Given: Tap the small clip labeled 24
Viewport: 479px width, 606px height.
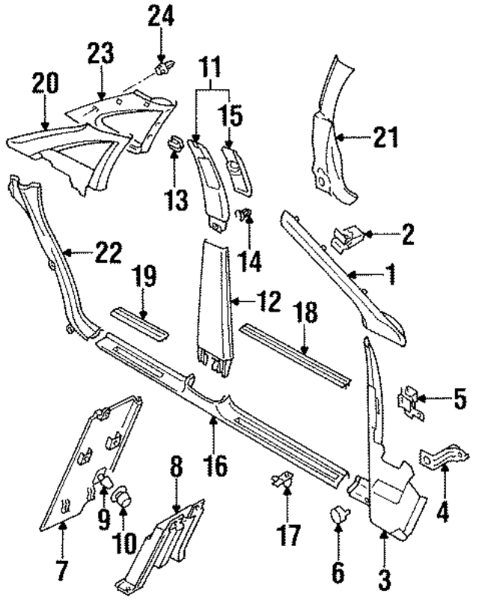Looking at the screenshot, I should pos(160,69).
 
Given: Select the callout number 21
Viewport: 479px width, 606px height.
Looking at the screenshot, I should pos(385,137).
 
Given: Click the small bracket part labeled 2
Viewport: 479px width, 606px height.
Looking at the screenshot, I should pos(345,239).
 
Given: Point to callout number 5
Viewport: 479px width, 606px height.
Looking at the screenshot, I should pos(460,398).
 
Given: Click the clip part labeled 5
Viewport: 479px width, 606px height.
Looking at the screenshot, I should pos(409,399).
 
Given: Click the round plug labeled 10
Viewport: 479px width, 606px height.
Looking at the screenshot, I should pos(121,498).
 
